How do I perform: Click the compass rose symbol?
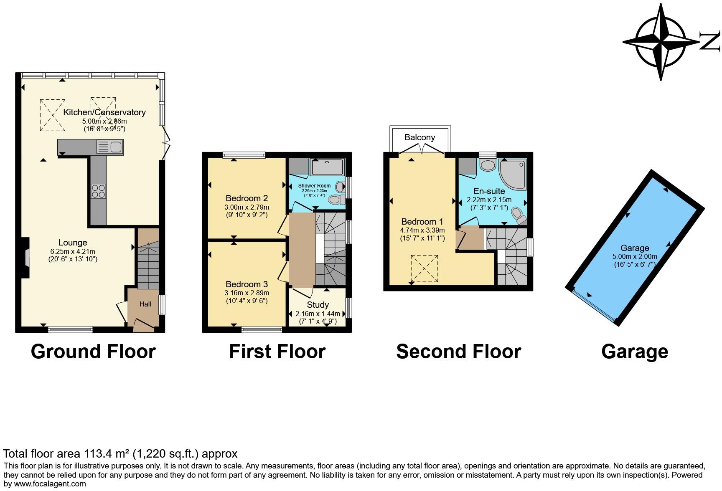point(661,42)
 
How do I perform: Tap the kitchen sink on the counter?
point(110,147)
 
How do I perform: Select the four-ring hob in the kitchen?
point(99,191)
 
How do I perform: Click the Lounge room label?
point(73,243)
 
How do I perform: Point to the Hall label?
point(145,304)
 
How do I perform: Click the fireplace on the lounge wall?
point(26,258)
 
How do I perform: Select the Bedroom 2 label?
point(247,198)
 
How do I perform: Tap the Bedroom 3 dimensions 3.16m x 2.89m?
point(247,293)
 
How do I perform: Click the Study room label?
point(318,305)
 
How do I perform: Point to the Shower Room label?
point(314,186)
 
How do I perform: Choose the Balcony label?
point(419,137)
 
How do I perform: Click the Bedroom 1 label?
point(422,222)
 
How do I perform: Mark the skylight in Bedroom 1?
point(424,268)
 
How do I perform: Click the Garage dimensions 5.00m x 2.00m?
point(635,256)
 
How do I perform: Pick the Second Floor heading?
point(458,352)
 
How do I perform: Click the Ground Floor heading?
point(93,352)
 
